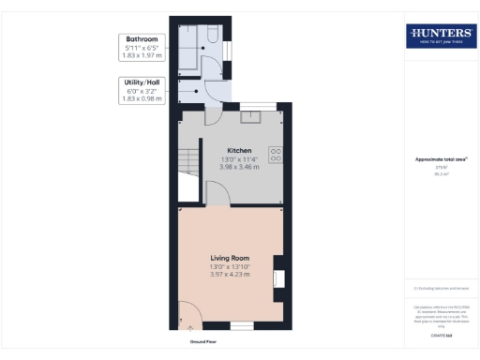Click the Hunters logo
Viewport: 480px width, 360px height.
coord(439,37)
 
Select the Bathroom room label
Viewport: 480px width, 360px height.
coord(142,39)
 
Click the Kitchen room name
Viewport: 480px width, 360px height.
coord(240,150)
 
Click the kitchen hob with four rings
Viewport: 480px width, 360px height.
coord(277,155)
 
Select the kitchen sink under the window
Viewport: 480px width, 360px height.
coord(252,118)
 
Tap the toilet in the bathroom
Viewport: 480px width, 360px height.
coord(213,35)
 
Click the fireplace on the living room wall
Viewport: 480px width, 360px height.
coord(277,278)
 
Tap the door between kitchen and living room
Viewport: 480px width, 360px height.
coord(215,195)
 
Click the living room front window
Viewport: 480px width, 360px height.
coord(242,325)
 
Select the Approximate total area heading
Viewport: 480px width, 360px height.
coord(440,158)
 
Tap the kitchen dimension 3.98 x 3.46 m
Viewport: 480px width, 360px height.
coord(240,167)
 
